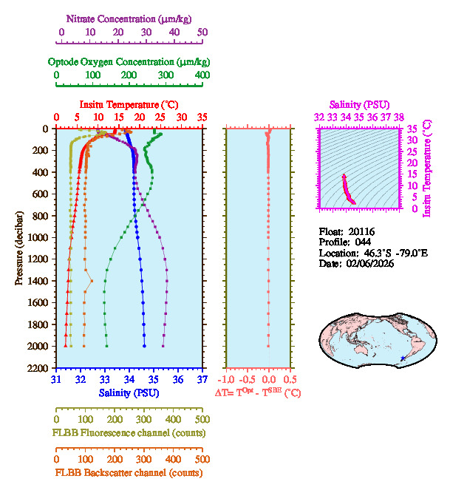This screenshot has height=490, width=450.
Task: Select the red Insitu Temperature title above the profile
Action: click(x=129, y=104)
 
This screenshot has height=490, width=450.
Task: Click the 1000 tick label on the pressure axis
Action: click(x=38, y=237)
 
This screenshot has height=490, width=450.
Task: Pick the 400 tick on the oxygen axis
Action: click(x=202, y=75)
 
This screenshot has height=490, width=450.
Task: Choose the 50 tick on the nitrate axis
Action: click(x=202, y=32)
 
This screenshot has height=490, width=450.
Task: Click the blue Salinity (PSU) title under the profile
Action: click(x=129, y=392)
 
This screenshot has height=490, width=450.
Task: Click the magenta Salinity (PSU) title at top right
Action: click(x=358, y=105)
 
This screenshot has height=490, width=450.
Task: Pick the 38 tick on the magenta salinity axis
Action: click(x=399, y=117)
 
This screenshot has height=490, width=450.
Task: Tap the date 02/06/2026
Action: click(x=367, y=263)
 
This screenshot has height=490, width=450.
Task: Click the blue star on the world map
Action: click(x=402, y=358)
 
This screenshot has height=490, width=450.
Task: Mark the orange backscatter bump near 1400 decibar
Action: click(x=91, y=281)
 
